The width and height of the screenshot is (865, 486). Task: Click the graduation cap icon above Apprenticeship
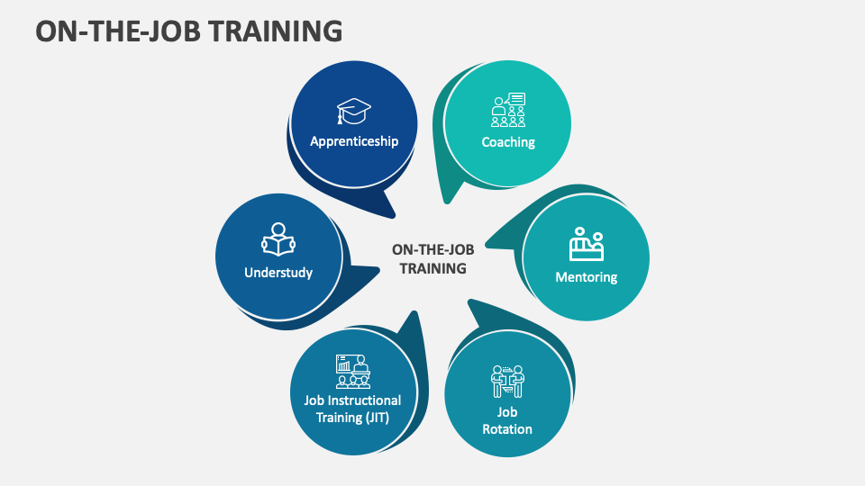pos(354,112)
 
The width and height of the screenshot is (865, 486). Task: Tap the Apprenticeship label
pos(354,141)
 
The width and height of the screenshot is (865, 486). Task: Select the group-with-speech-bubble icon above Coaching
pos(508,110)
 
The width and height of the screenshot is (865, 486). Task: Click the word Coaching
pos(508,142)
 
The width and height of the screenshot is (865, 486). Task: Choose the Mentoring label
pos(586,277)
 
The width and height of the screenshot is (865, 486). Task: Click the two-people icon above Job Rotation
pos(507,382)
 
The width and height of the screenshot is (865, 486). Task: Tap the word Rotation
pos(507,428)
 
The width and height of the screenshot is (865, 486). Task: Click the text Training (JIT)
pos(346,417)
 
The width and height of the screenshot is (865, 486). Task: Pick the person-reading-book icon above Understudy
pos(278,239)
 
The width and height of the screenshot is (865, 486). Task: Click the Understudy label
pos(278,272)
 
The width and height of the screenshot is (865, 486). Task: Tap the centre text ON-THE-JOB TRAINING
pos(432,259)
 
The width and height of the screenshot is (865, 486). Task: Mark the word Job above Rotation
pos(507,412)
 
